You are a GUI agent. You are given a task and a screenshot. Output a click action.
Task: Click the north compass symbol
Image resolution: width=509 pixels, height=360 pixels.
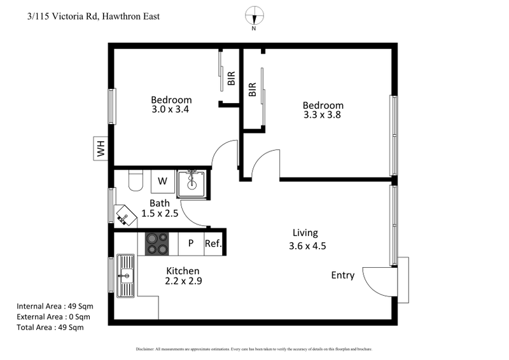pyautogui.click(x=254, y=17)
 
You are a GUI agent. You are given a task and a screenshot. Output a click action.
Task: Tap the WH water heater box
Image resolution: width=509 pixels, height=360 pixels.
pyautogui.click(x=101, y=149)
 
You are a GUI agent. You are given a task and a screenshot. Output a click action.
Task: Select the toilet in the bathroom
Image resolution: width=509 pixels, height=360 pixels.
pyautogui.click(x=134, y=182)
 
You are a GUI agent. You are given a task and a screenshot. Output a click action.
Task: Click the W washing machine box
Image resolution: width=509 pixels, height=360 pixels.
pyautogui.click(x=162, y=181)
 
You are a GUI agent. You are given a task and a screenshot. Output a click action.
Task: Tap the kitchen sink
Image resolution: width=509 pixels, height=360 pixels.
pyautogui.click(x=125, y=276)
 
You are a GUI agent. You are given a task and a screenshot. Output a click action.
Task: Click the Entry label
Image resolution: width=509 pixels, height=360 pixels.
pyautogui.click(x=343, y=275)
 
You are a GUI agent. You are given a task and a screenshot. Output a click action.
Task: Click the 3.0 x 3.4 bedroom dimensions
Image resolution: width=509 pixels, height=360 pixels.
pyautogui.click(x=171, y=109)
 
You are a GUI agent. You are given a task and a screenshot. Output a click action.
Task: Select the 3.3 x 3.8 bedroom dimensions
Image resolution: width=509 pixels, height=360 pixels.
pyautogui.click(x=323, y=115)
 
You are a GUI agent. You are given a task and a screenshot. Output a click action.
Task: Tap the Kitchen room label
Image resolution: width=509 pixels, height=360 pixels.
pyautogui.click(x=183, y=270)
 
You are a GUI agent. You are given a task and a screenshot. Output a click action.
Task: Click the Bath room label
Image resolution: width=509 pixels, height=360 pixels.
pyautogui.click(x=160, y=203)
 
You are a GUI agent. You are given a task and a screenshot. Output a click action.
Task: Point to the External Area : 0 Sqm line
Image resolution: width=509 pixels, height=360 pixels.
pyautogui.click(x=53, y=317)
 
